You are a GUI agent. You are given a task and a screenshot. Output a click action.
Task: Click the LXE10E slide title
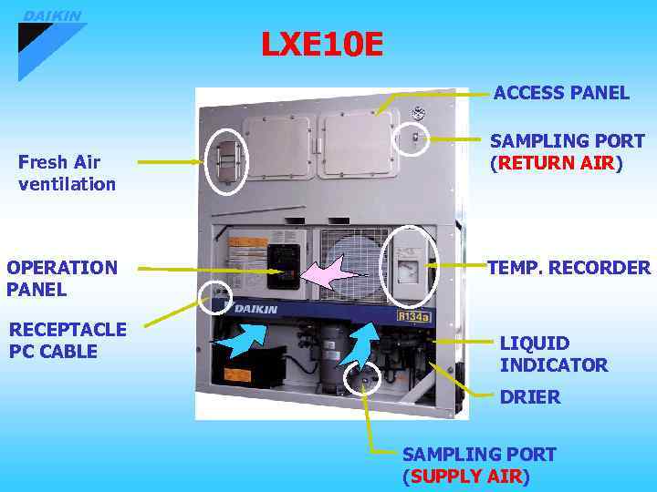(x=322, y=45)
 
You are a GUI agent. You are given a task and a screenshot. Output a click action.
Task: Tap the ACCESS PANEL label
(x=561, y=93)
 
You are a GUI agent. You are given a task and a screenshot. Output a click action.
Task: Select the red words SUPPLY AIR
(x=466, y=477)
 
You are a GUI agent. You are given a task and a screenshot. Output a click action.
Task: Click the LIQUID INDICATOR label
(x=553, y=354)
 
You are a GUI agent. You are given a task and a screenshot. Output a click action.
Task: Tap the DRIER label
(x=530, y=397)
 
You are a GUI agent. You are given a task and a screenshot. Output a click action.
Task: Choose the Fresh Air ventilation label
(x=67, y=173)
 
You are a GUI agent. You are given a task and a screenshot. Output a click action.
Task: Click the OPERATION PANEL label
(x=62, y=279)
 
